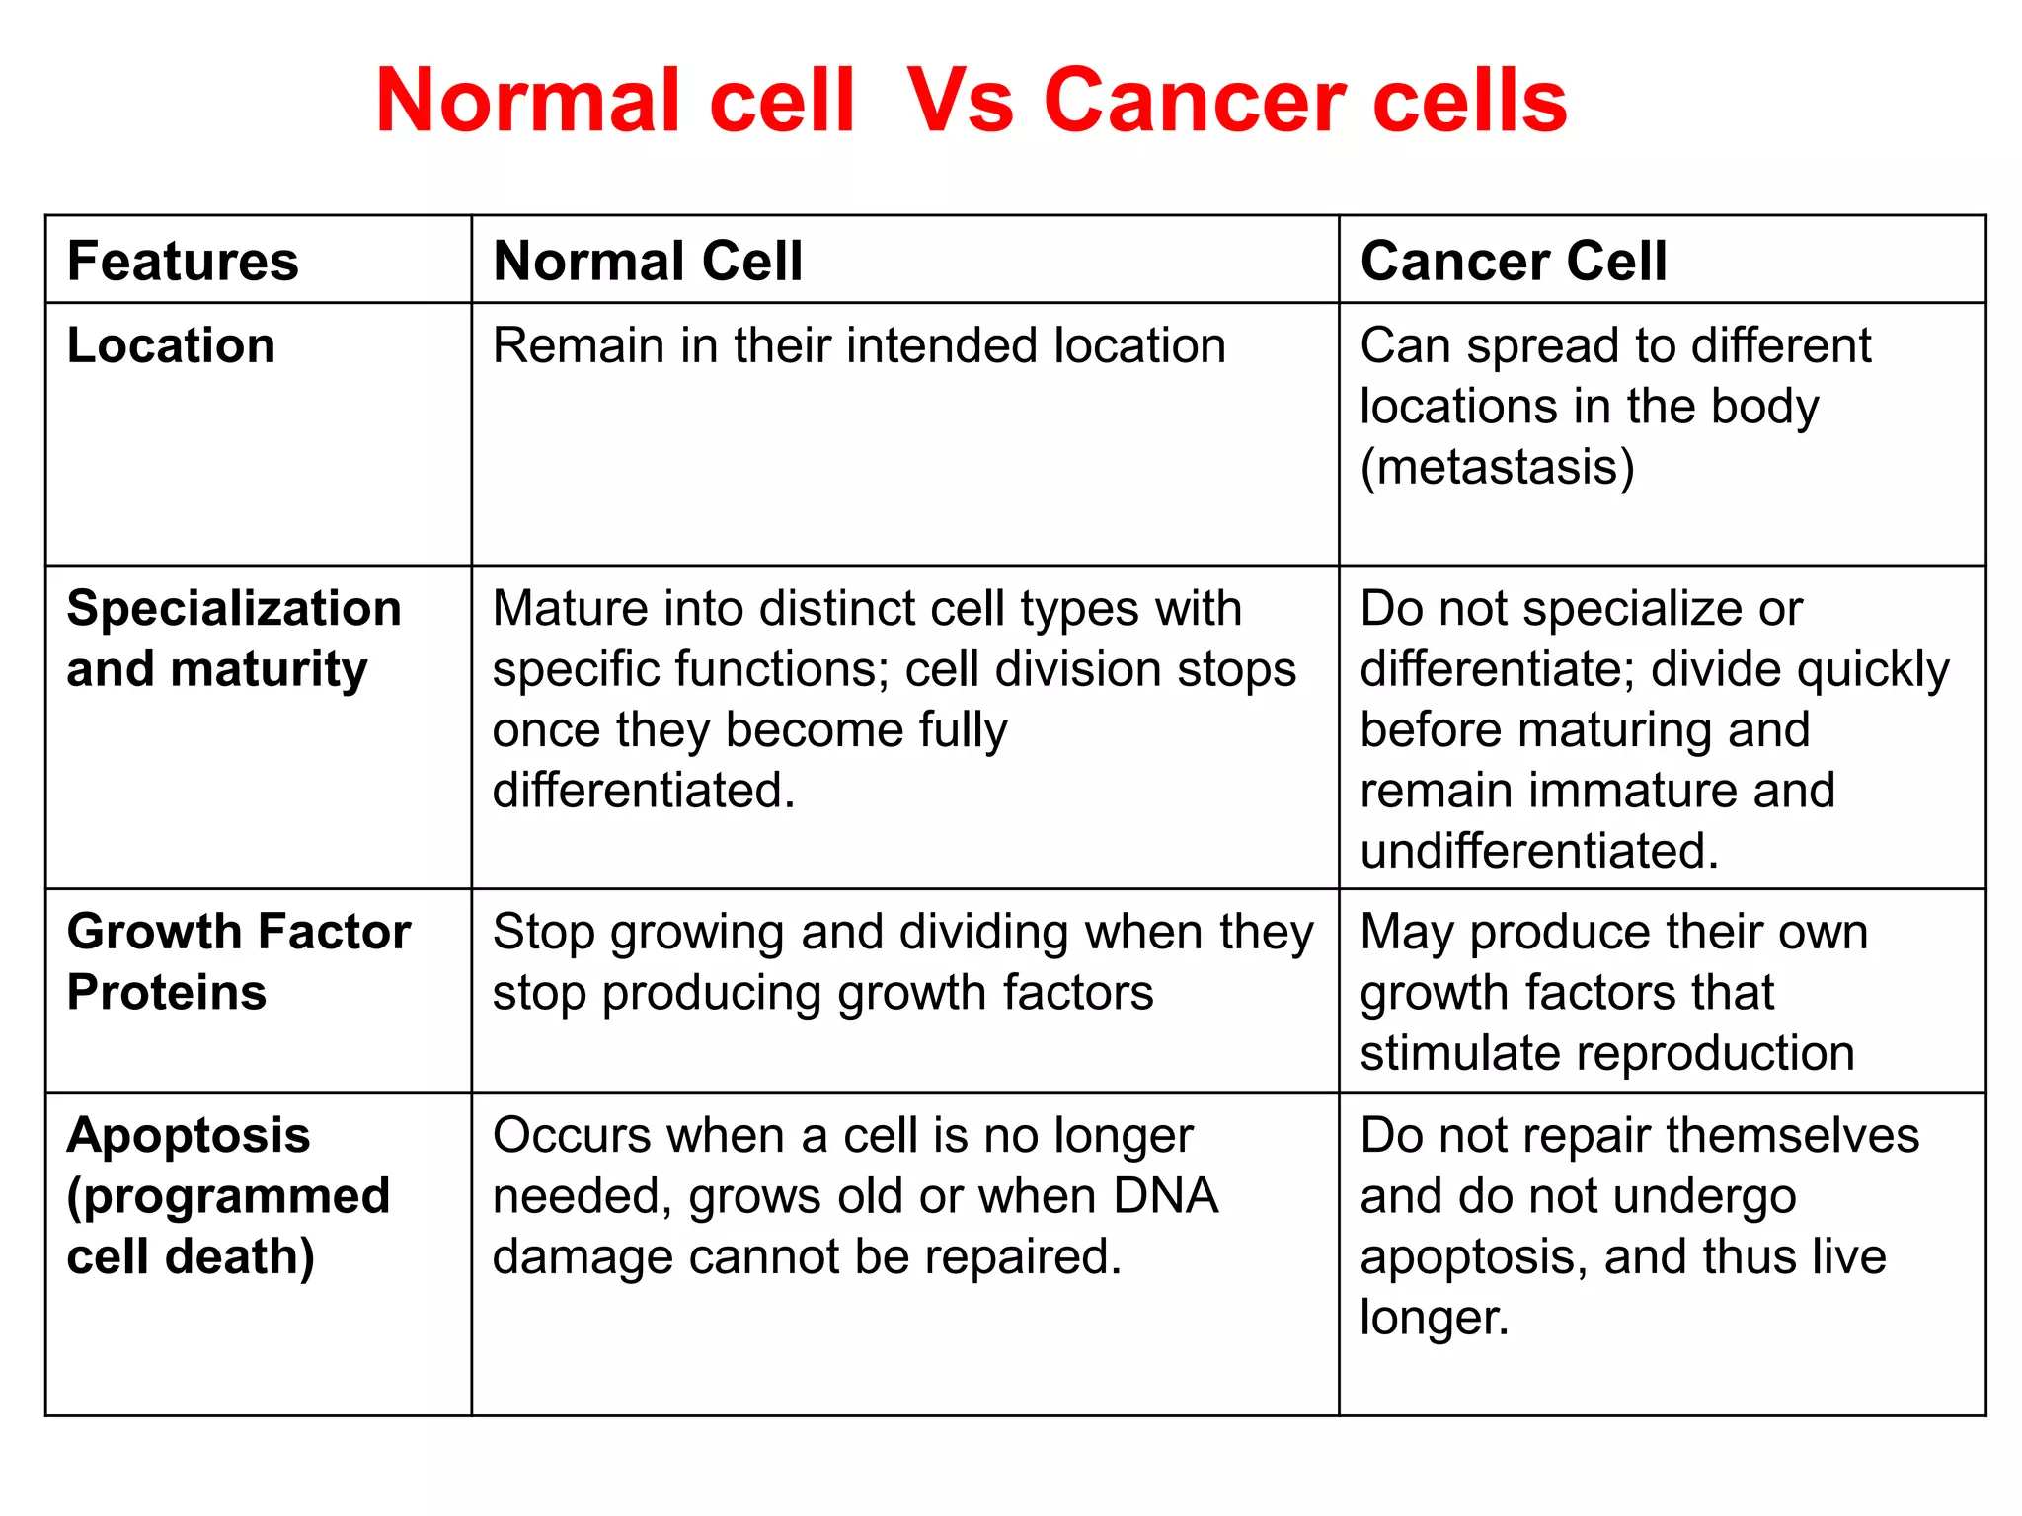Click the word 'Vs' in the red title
pyautogui.click(x=961, y=101)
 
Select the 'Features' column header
pyautogui.click(x=183, y=262)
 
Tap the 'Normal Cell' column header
pyautogui.click(x=648, y=262)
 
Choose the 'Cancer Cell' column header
pyautogui.click(x=1513, y=262)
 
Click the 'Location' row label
pyautogui.click(x=171, y=345)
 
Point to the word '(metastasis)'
pyautogui.click(x=1497, y=467)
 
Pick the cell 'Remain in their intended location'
pyautogui.click(x=859, y=345)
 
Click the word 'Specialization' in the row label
pyautogui.click(x=234, y=608)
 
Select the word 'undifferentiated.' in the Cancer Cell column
pyautogui.click(x=1539, y=851)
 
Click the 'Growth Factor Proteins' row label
pyautogui.click(x=238, y=961)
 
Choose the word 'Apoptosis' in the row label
pyautogui.click(x=189, y=1135)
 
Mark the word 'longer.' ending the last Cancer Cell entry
pyautogui.click(x=1435, y=1318)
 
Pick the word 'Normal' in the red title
pyautogui.click(x=528, y=101)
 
